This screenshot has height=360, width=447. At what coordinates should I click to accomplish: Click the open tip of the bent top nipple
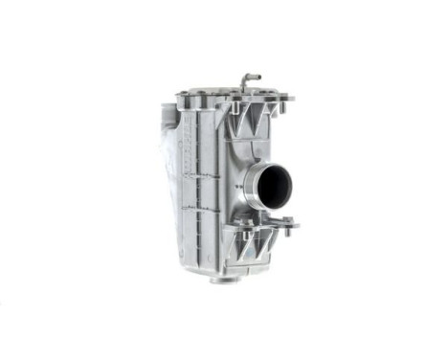coord(259,76)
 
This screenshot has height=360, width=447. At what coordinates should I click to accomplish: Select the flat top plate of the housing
coord(230,96)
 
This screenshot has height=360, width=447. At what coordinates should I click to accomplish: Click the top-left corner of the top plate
coord(180,95)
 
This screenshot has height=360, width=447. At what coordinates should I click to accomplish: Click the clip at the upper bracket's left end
coord(228,109)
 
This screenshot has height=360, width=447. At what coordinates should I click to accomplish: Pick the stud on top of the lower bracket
coord(247,228)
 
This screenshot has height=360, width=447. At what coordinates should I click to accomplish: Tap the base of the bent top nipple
coord(243,91)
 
